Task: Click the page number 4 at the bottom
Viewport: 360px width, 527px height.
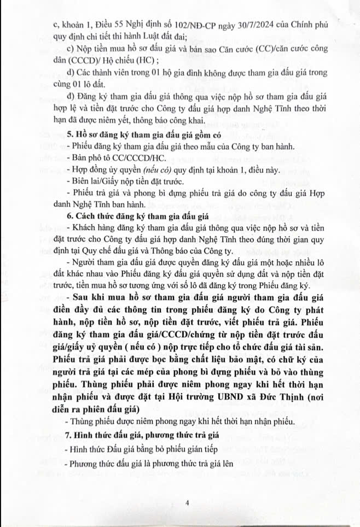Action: [187, 502]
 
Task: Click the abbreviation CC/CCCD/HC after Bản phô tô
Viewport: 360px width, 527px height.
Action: [131, 158]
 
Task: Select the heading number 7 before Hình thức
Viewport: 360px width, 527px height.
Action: [68, 436]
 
